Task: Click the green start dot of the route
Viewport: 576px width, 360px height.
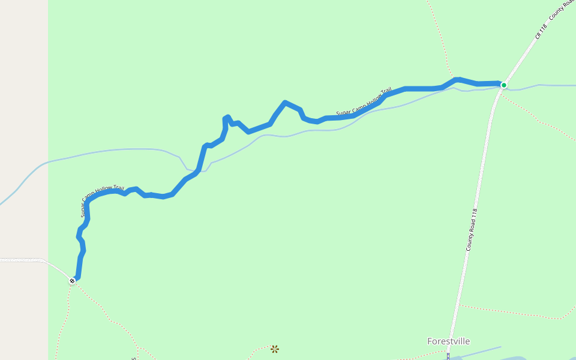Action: click(x=504, y=85)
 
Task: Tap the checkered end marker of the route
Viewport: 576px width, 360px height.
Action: click(x=73, y=280)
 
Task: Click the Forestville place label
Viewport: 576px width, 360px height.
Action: click(x=448, y=341)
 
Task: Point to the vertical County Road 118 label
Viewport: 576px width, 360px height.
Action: click(x=472, y=229)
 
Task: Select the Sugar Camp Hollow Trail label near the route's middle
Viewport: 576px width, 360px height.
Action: click(x=364, y=102)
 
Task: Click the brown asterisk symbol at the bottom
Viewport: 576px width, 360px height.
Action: click(x=274, y=349)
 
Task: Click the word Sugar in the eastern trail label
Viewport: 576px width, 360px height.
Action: click(x=342, y=112)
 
